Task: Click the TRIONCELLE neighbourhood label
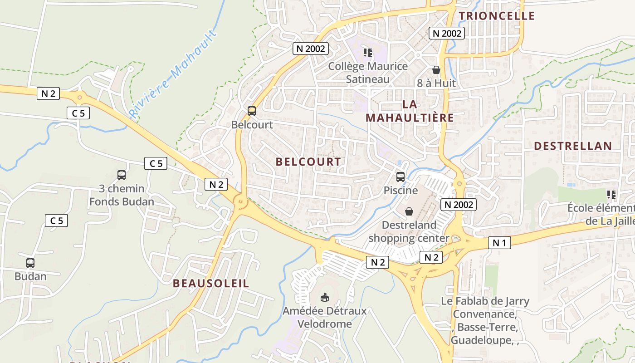click(497, 16)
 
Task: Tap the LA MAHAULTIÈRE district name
click(410, 111)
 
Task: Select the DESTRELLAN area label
click(573, 146)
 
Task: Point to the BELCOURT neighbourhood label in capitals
click(308, 162)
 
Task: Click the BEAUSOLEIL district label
click(211, 284)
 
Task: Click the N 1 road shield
click(499, 243)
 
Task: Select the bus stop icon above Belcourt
click(252, 111)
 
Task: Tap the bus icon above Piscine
click(400, 177)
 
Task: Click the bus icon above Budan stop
click(30, 263)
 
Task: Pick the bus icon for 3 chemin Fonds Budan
click(122, 175)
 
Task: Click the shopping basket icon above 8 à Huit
click(436, 70)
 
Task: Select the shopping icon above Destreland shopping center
click(409, 211)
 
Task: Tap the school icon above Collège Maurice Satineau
click(368, 53)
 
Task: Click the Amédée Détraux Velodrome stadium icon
click(324, 298)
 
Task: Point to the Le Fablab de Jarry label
click(485, 301)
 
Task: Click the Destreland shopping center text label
click(409, 231)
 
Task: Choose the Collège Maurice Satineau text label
click(368, 73)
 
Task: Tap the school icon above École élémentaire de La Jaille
click(611, 195)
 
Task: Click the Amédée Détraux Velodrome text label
click(324, 318)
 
